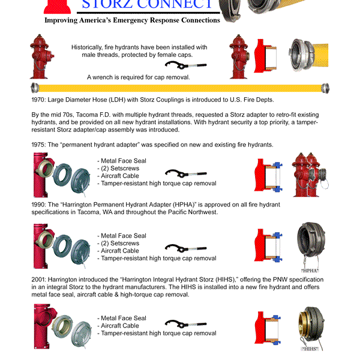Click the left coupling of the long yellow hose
(x=35, y=88)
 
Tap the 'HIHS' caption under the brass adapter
(x=310, y=349)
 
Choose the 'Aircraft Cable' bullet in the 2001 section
(x=122, y=326)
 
